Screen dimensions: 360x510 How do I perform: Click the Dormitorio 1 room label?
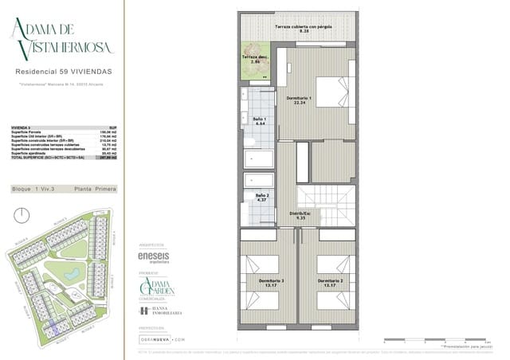300,100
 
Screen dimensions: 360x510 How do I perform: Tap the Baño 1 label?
260,122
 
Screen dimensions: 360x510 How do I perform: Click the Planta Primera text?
95,189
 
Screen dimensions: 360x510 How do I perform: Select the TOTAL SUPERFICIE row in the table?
64,158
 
